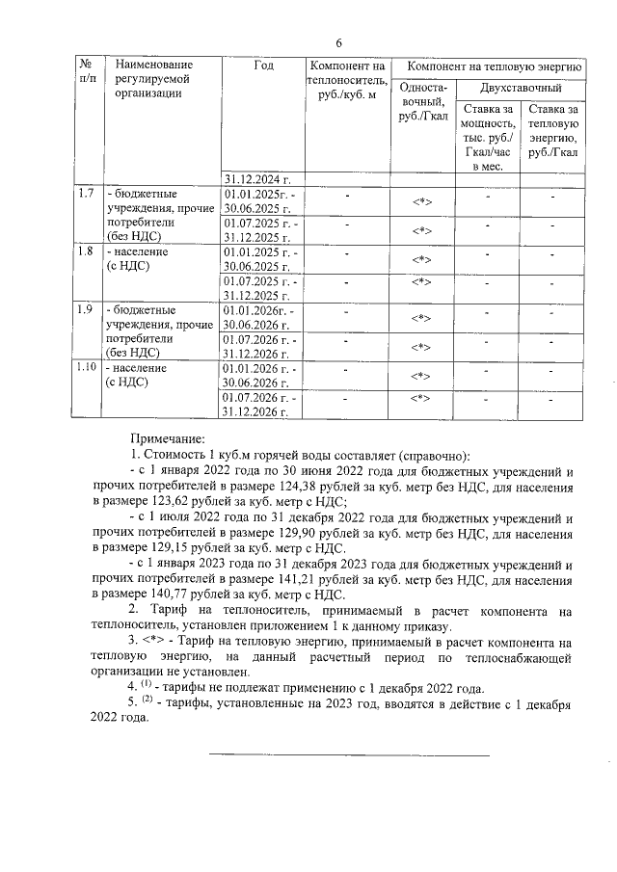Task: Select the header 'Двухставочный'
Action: [521, 88]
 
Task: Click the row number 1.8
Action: [85, 252]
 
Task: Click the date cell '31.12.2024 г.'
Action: [257, 178]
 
